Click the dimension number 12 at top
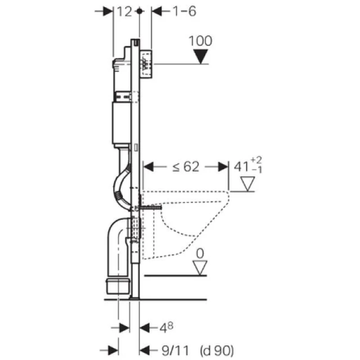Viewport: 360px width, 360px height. (125, 12)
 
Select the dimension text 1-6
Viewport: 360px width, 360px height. (184, 12)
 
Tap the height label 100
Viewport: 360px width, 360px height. (200, 41)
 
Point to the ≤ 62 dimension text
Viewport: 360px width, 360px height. (186, 166)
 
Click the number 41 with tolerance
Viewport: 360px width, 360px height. (248, 165)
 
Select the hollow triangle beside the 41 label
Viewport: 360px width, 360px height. (248, 184)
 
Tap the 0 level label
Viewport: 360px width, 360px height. (200, 253)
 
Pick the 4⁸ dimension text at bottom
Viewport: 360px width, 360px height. (166, 328)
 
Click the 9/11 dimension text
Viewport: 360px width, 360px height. (175, 351)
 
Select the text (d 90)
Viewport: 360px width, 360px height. (217, 351)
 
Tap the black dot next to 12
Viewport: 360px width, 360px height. (139, 11)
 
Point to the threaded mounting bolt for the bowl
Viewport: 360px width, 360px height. (150, 207)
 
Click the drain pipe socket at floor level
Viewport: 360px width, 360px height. (118, 286)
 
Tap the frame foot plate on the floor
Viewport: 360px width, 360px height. (134, 298)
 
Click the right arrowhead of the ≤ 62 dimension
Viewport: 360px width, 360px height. (223, 166)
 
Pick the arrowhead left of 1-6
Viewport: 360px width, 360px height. (157, 11)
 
